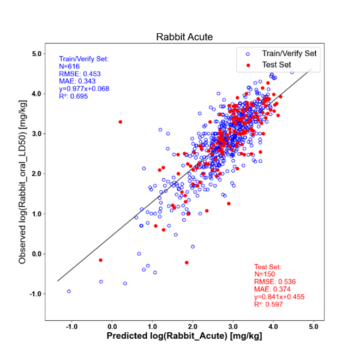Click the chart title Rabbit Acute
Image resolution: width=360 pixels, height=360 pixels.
184,37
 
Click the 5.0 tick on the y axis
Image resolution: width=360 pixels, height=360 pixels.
37,53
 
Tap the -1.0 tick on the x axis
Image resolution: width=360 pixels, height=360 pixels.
71,327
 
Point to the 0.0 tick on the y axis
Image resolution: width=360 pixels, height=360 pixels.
37,254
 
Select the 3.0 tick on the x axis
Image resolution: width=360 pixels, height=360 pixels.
233,327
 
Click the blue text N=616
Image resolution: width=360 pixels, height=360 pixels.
69,67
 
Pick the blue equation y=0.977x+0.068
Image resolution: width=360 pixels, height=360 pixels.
84,88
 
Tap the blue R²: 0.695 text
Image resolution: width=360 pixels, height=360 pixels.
73,96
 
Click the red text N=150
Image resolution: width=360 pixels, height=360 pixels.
265,274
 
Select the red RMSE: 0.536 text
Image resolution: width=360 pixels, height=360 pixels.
275,281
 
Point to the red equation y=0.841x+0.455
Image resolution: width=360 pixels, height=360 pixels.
279,297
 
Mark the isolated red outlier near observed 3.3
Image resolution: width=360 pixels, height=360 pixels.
121,122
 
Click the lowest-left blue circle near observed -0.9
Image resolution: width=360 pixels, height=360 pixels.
69,291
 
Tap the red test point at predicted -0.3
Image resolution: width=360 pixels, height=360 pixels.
100,260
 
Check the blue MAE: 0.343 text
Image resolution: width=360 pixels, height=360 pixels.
77,81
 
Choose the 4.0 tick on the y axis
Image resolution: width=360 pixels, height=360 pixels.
37,94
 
